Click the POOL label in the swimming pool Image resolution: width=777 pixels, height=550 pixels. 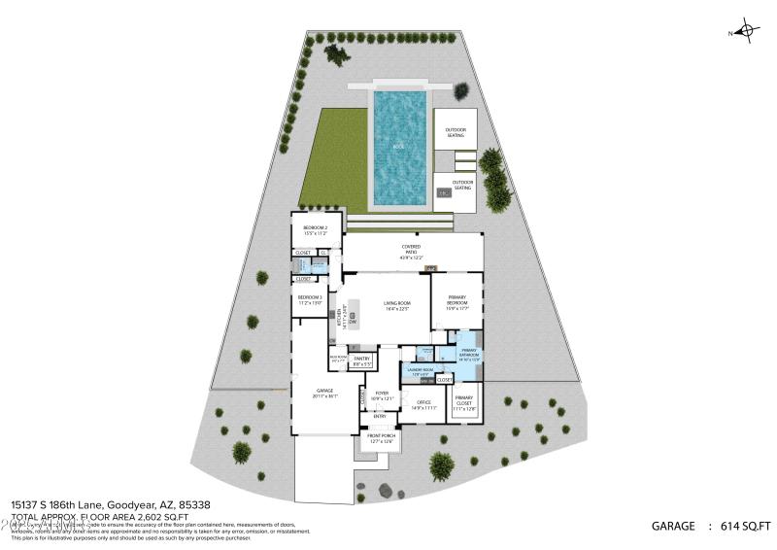(x=399, y=146)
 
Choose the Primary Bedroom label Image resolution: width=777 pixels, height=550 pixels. (x=457, y=301)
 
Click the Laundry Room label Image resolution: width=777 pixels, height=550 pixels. (x=420, y=372)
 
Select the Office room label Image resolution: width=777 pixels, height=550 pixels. (x=422, y=403)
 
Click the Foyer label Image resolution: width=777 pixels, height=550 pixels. (x=381, y=395)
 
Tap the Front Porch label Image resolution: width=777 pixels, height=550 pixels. (x=381, y=438)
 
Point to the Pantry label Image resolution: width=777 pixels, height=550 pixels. (x=362, y=361)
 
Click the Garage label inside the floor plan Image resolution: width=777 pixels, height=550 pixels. (x=324, y=393)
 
